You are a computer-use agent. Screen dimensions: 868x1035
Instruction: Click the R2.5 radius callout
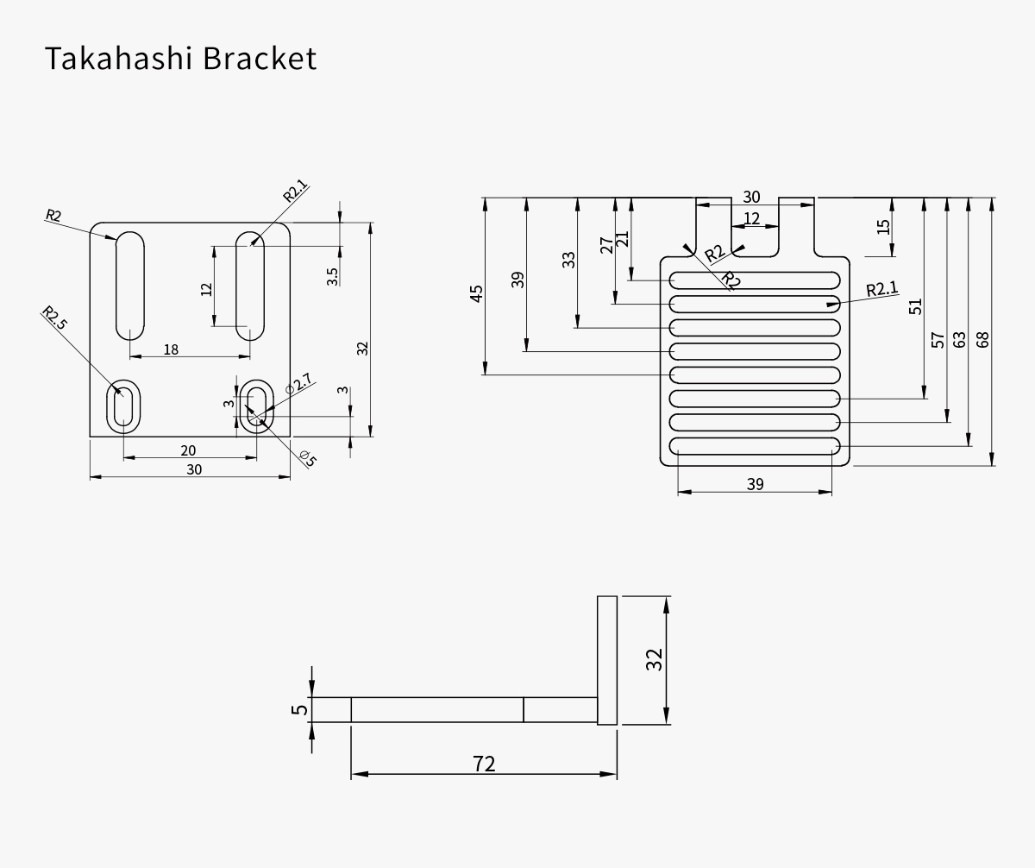[x=53, y=318]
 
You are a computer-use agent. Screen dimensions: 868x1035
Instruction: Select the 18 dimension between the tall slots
[x=171, y=349]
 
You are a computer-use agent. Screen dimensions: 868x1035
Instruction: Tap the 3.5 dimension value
[x=333, y=276]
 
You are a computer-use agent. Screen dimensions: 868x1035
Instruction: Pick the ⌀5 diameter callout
[x=308, y=458]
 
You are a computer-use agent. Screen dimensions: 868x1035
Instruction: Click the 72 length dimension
[x=485, y=764]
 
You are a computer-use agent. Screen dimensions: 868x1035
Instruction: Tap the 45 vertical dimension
[x=476, y=292]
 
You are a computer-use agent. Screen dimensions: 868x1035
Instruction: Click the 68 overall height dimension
[x=982, y=339]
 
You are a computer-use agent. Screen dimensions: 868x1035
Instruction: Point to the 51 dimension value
[x=916, y=305]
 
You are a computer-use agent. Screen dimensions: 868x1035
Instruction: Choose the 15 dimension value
[x=882, y=226]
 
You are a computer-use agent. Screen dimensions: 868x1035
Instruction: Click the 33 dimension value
[x=568, y=260]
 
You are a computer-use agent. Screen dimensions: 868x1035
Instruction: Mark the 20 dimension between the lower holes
[x=188, y=450]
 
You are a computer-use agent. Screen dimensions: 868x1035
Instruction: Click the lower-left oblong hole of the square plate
[x=122, y=407]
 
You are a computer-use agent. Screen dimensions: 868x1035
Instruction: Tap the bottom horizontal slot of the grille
[x=755, y=445]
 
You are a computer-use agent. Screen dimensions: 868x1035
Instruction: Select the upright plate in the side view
[x=607, y=660]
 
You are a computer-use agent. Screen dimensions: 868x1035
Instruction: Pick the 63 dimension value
[x=959, y=339]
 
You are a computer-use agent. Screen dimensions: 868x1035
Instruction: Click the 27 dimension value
[x=606, y=246]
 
